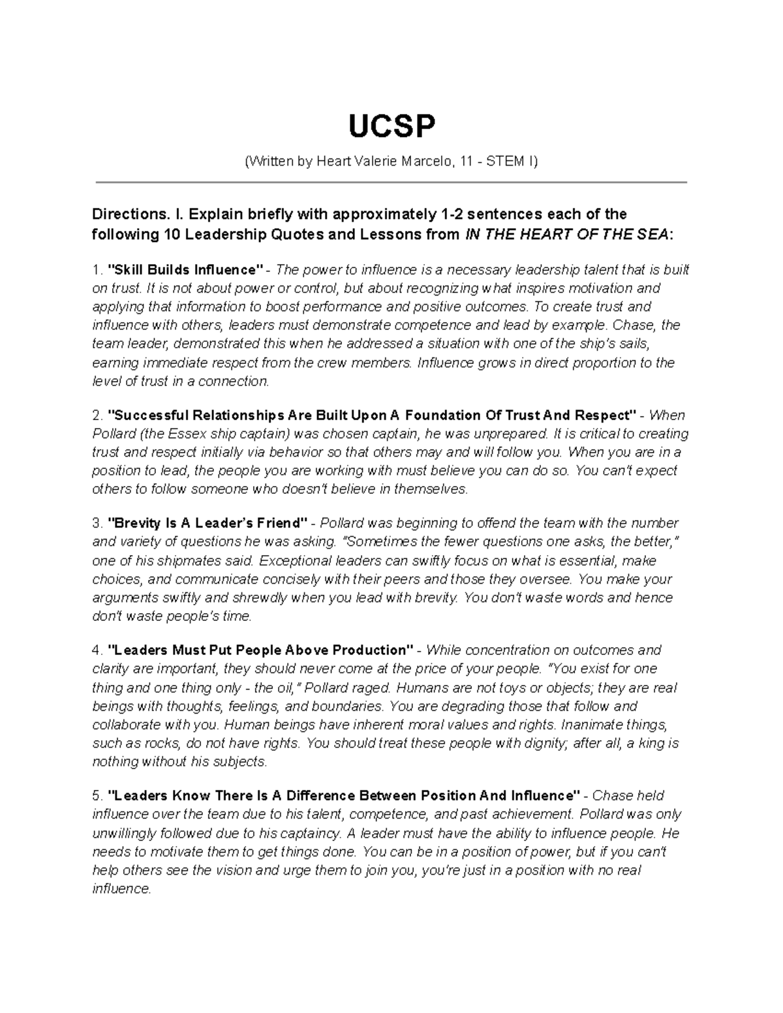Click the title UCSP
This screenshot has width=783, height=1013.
coord(391,127)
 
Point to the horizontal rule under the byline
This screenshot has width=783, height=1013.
coord(391,183)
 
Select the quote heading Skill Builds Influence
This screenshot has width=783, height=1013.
coord(185,269)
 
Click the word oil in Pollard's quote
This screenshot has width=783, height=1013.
coord(285,688)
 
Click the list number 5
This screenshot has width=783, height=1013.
coord(97,796)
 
